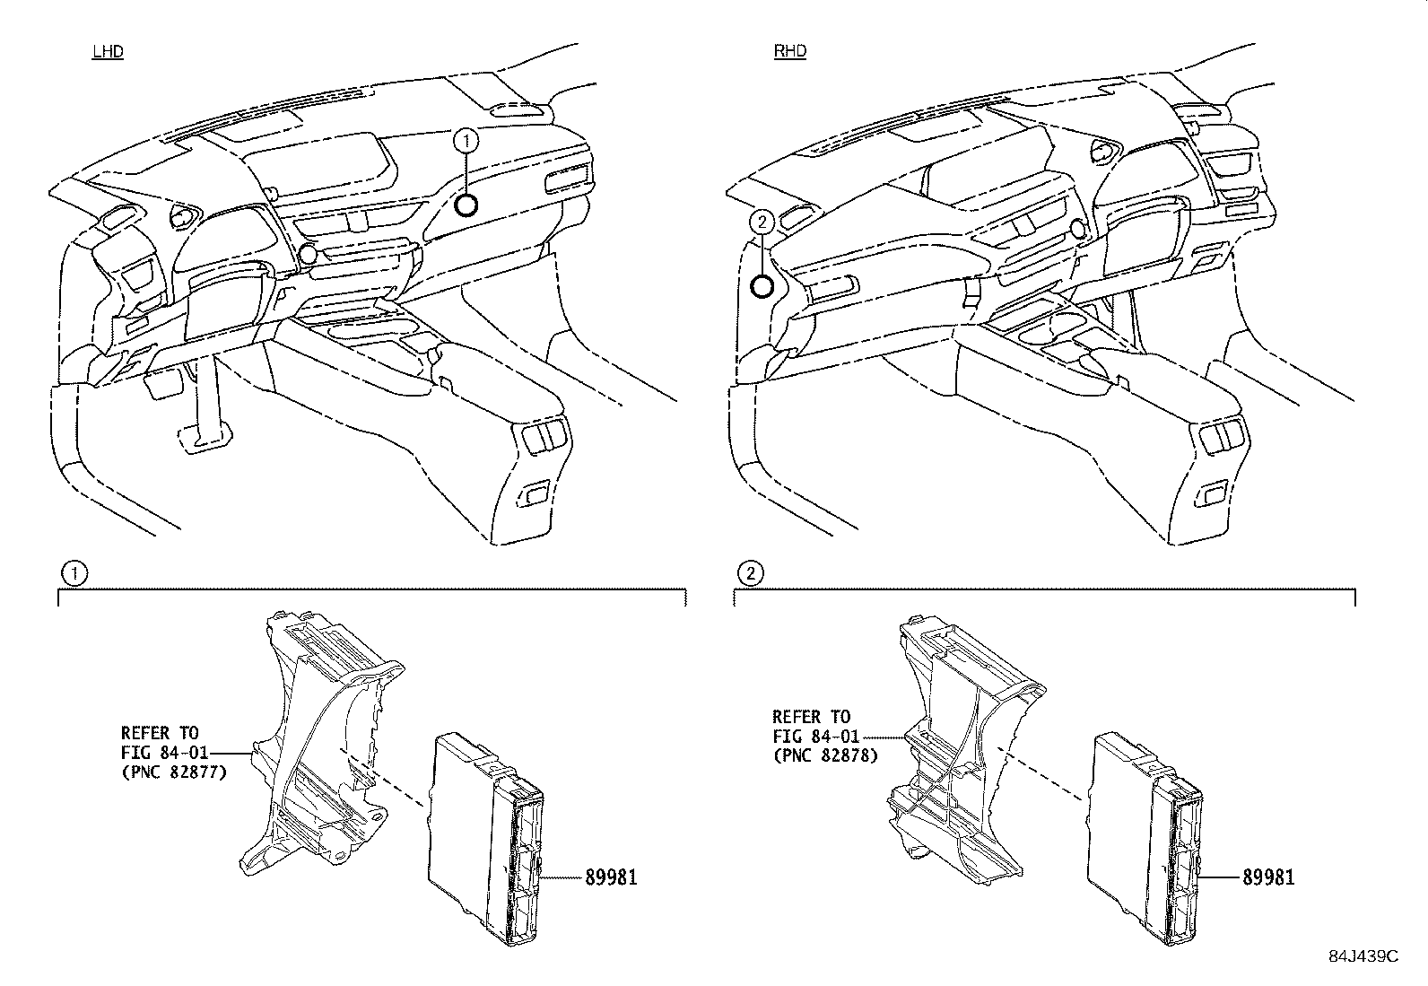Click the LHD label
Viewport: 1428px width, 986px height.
pyautogui.click(x=108, y=51)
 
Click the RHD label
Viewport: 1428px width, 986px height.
pyautogui.click(x=790, y=50)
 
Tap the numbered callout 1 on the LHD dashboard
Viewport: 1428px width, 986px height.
pyautogui.click(x=466, y=140)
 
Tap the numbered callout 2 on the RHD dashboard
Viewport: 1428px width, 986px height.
pyautogui.click(x=762, y=222)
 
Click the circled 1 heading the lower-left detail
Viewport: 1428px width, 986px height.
pyautogui.click(x=74, y=573)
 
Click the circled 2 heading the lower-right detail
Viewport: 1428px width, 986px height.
pyautogui.click(x=751, y=572)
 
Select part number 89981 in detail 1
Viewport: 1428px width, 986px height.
pyautogui.click(x=611, y=877)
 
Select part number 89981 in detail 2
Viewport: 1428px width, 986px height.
pyautogui.click(x=1268, y=877)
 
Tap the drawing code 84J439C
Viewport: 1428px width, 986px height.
pyautogui.click(x=1363, y=956)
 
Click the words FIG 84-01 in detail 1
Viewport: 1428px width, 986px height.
pyautogui.click(x=164, y=753)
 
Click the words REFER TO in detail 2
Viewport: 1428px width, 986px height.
pyautogui.click(x=811, y=717)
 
